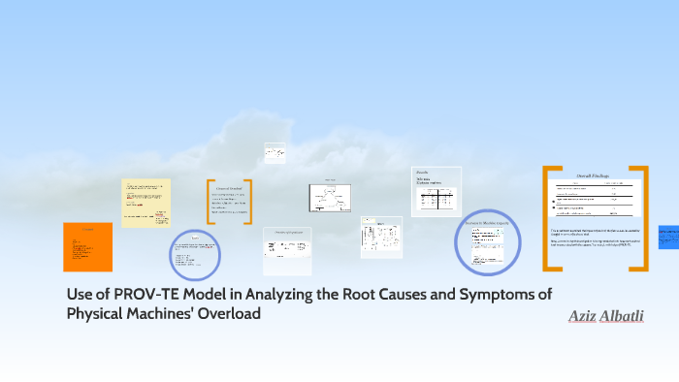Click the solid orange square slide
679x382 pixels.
87,247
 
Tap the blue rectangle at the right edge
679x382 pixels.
668,238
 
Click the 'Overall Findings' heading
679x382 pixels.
594,175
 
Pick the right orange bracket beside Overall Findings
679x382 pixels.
641,218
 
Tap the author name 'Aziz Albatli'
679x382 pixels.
606,317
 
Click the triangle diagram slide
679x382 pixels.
329,198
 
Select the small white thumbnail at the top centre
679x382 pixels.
275,153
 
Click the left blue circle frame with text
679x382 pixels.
195,254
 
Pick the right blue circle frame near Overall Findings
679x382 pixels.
489,242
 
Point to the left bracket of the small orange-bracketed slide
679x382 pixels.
210,202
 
